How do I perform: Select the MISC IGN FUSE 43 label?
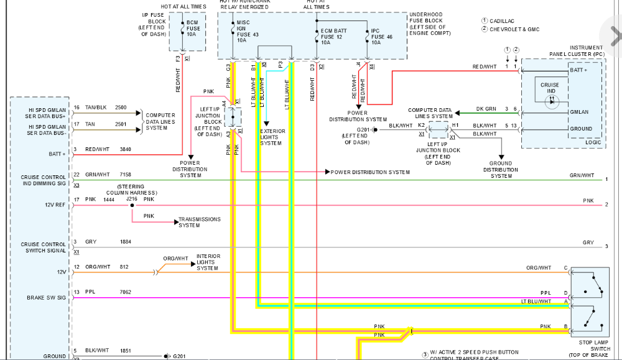243,31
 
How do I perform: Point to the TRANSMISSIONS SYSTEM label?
200,222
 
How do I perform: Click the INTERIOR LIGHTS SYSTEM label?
208,262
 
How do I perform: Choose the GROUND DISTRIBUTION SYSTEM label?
501,170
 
